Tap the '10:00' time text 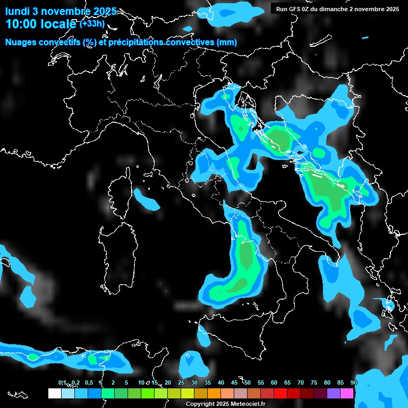(x=21, y=24)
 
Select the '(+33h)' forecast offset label (x=92, y=23)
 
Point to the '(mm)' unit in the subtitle (x=227, y=42)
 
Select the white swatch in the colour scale (x=54, y=393)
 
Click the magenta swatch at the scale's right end (x=346, y=393)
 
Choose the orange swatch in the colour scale (x=214, y=393)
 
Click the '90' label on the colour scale (x=353, y=382)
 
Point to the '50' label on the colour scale (x=248, y=382)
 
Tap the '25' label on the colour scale (x=181, y=382)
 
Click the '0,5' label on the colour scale (x=88, y=382)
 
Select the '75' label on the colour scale (x=313, y=382)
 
